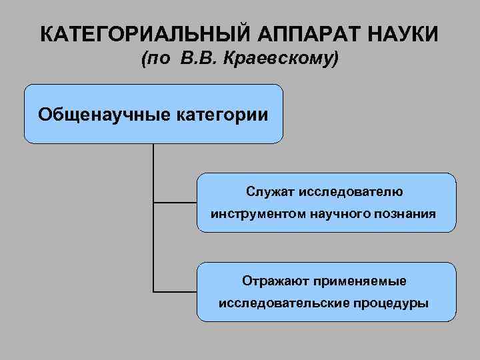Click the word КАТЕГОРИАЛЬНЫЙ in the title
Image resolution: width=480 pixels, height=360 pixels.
click(131, 33)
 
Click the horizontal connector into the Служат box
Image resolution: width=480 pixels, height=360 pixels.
click(175, 202)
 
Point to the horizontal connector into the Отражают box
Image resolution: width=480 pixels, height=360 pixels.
click(175, 291)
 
